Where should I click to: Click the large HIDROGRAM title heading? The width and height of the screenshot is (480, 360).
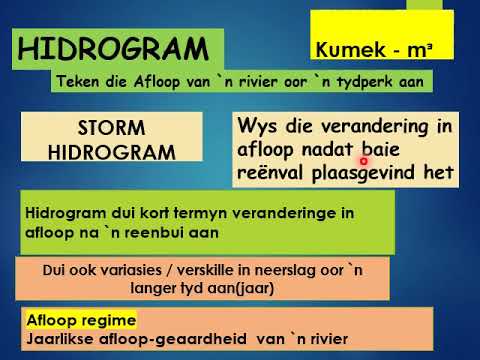coord(120,49)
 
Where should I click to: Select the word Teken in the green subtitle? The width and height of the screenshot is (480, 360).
coord(85,82)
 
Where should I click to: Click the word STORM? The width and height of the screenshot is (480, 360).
coord(111,129)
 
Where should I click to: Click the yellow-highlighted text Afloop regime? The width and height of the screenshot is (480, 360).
coord(80,319)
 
